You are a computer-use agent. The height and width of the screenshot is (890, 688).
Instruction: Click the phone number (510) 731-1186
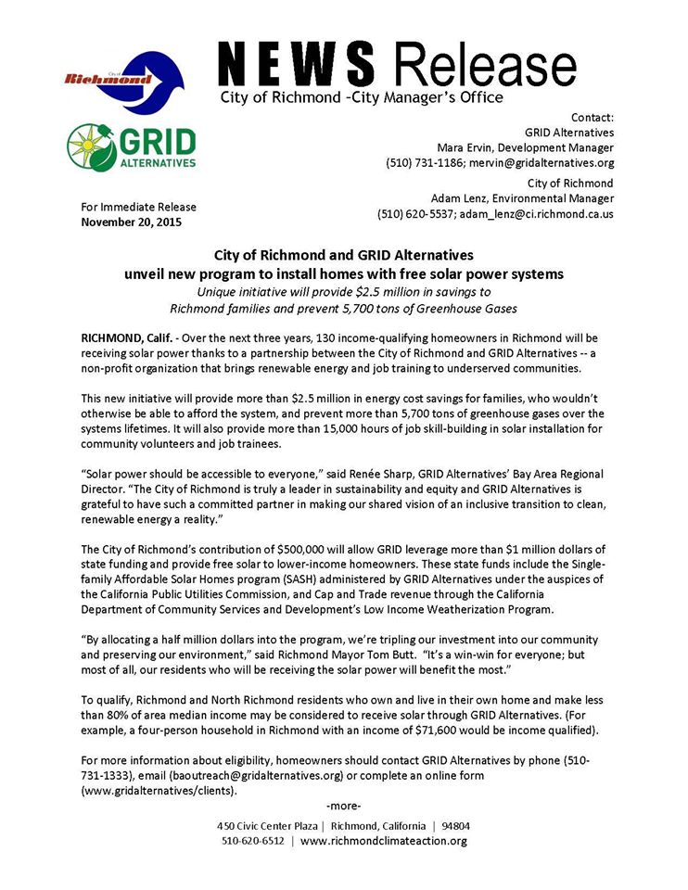(x=418, y=162)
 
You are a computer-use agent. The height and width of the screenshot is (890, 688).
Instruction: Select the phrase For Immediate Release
(x=138, y=207)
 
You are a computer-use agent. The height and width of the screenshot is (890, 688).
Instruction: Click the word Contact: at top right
(x=592, y=117)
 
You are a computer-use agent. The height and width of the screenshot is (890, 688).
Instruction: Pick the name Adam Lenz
(x=460, y=198)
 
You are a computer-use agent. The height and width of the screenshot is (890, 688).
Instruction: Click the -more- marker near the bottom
(x=344, y=804)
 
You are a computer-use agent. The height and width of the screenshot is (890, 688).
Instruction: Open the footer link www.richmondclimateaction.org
(x=383, y=841)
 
